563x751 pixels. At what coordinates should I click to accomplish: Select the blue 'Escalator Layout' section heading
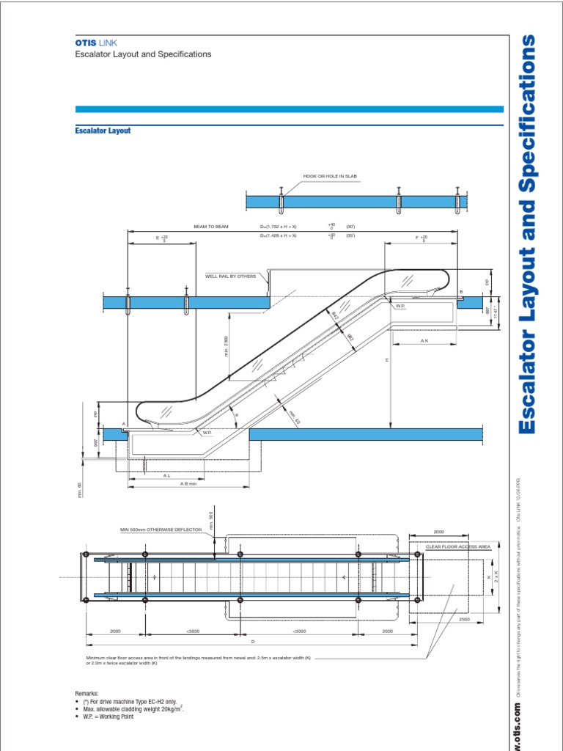(103, 131)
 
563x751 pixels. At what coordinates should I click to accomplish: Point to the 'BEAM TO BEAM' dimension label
(211, 227)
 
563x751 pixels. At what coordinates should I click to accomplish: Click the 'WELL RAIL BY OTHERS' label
(231, 276)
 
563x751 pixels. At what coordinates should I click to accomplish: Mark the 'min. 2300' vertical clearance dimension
(227, 345)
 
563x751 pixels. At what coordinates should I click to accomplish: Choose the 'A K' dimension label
(424, 341)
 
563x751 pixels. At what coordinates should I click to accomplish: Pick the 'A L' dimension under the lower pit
(167, 475)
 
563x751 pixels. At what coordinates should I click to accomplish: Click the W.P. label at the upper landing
(401, 306)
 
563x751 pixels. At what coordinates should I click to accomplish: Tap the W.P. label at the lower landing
(207, 433)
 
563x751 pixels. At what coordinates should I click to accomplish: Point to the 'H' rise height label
(383, 360)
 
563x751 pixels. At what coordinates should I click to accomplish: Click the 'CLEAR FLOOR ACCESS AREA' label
(458, 547)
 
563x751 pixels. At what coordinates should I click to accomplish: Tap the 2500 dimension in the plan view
(463, 620)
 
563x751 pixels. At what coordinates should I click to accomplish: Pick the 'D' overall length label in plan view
(253, 640)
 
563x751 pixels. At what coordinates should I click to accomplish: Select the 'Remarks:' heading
(87, 693)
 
